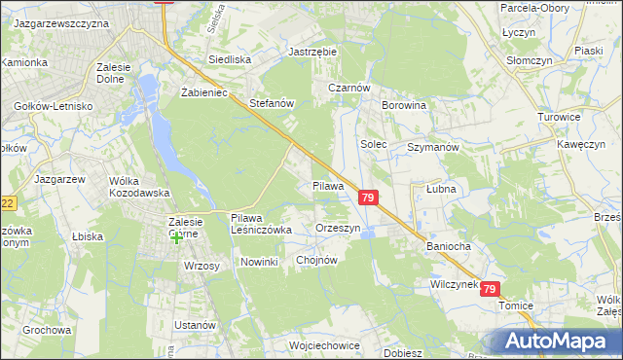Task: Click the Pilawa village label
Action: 328,185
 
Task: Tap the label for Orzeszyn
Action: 339,228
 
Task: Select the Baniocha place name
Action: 448,246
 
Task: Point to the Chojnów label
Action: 315,260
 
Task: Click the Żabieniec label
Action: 203,92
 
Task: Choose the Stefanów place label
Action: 272,101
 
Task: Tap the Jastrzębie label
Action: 311,52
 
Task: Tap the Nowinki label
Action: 260,262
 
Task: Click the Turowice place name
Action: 560,117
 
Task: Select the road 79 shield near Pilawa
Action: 367,198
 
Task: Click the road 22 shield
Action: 8,203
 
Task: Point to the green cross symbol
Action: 177,238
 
